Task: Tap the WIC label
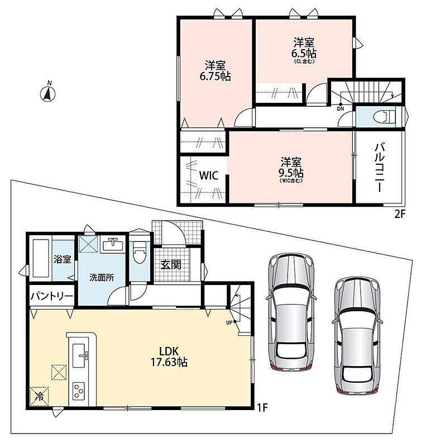point(208,175)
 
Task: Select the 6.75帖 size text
point(215,77)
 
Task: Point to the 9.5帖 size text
point(291,173)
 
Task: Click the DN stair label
point(341,108)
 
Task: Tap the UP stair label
point(229,323)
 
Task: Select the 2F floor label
point(400,214)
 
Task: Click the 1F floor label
point(262,408)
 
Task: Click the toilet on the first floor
point(140,253)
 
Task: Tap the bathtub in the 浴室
point(41,258)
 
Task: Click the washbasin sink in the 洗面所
point(113,245)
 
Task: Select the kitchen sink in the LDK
point(79,355)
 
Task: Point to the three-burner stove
point(79,391)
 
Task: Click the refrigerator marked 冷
point(39,396)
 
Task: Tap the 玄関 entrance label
point(171,265)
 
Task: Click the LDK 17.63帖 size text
point(169,356)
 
